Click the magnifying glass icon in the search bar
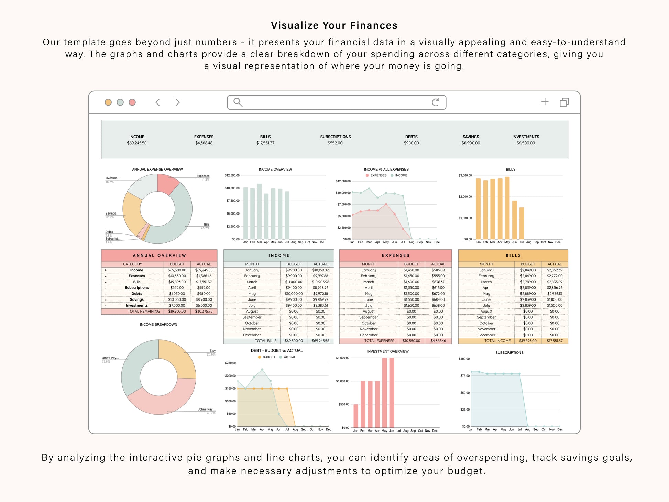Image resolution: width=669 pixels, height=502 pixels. [238, 102]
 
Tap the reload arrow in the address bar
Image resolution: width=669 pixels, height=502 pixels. [436, 102]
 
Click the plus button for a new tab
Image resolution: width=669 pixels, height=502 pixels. [545, 102]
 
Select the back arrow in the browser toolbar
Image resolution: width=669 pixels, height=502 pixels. [158, 102]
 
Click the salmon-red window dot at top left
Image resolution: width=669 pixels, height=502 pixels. [132, 102]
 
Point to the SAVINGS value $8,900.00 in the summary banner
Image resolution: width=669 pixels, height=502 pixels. [471, 143]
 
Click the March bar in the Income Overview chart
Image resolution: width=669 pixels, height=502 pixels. [259, 211]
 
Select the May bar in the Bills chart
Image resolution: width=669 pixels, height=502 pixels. [507, 208]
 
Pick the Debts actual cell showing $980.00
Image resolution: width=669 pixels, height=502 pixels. [204, 294]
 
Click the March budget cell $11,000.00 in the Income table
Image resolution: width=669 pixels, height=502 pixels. [294, 282]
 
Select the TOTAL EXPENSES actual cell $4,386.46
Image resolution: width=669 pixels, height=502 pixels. [438, 341]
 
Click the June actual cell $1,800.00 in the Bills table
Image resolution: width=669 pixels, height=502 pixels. [555, 299]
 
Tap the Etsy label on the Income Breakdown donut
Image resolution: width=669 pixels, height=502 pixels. [212, 351]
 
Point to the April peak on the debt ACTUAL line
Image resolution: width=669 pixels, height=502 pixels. [262, 370]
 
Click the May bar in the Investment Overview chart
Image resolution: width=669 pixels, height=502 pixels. [384, 392]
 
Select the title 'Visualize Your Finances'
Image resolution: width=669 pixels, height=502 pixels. [334, 25]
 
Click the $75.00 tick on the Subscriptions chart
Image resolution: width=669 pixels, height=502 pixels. [465, 376]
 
